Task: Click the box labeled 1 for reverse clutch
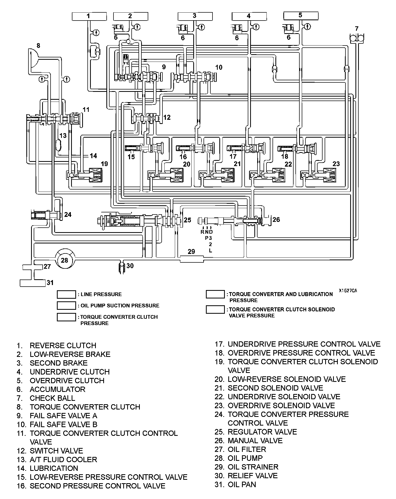tap(89, 16)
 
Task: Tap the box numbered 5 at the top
tap(300, 16)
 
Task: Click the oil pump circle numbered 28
tap(65, 260)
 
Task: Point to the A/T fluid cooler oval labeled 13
tap(58, 144)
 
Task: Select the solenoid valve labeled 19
tap(95, 175)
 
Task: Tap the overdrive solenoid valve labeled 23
tap(329, 175)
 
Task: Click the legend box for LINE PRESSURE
tap(66, 295)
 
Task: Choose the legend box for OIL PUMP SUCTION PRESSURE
tap(66, 306)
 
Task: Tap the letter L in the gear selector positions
tap(210, 251)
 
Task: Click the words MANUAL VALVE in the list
tap(255, 441)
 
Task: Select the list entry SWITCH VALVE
tap(56, 451)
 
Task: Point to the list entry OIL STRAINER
tap(253, 467)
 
